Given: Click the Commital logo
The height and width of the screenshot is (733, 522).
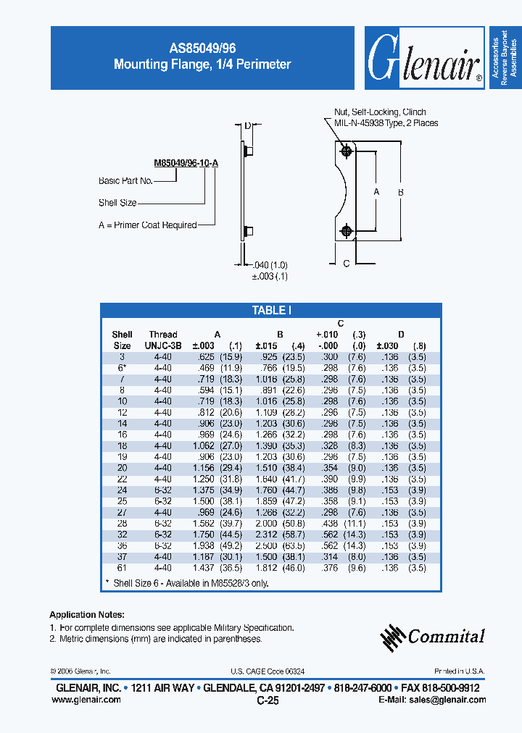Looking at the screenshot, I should tap(433, 636).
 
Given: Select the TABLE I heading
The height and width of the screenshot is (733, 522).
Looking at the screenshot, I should tap(271, 310).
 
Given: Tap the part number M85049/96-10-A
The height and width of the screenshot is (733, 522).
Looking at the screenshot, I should tap(186, 163).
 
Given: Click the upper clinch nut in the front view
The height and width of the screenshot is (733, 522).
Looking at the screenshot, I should tap(347, 151).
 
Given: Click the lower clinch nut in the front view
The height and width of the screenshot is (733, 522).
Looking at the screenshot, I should tap(347, 230).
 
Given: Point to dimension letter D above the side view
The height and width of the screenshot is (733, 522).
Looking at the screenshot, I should tap(247, 126).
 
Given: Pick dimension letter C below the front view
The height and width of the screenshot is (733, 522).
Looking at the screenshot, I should tap(347, 264).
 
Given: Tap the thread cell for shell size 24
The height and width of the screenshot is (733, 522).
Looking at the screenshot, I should tap(163, 490).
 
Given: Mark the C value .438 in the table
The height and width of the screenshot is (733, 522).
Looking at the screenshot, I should tap(328, 523).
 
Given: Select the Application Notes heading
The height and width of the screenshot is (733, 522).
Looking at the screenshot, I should tap(87, 613).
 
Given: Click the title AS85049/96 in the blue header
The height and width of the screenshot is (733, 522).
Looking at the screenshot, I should tap(202, 48).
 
